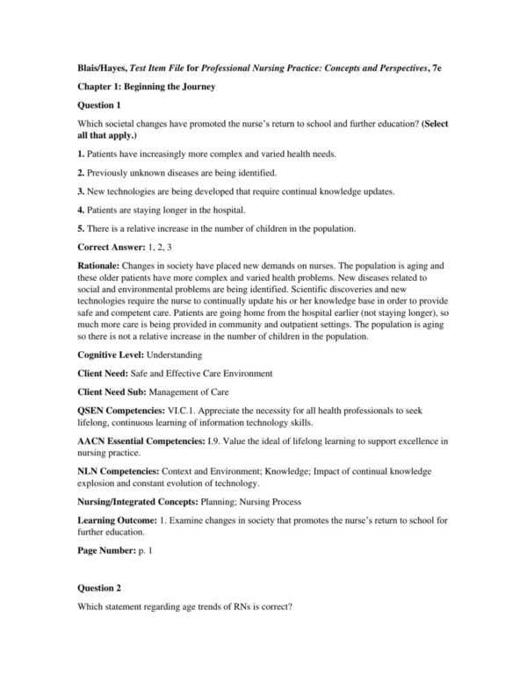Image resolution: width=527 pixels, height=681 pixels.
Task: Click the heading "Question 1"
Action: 102,105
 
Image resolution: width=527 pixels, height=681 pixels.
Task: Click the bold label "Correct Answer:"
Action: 110,247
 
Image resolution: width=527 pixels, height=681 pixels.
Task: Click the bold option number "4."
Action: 81,210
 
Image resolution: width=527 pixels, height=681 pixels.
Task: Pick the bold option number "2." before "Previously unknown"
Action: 81,172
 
